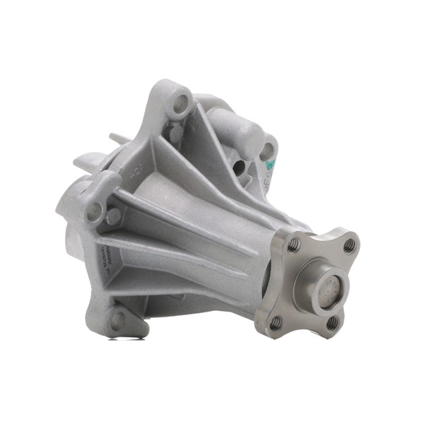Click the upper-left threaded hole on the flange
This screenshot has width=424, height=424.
[x=293, y=245]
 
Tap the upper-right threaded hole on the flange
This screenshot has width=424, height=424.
[x=348, y=245]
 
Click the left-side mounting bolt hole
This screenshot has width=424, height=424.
[x=94, y=209]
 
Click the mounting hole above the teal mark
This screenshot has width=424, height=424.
[x=266, y=151]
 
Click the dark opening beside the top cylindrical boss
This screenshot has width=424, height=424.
[x=239, y=167]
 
